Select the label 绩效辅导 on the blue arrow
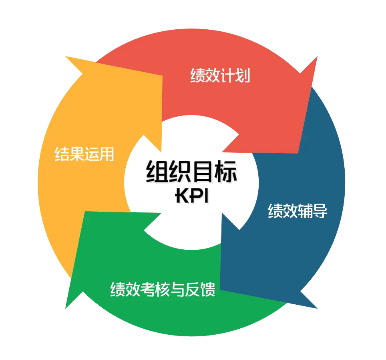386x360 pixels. [298, 211]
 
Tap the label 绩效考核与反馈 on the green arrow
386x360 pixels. [163, 289]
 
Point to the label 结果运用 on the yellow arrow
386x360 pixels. [84, 154]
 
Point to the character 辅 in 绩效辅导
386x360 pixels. [305, 211]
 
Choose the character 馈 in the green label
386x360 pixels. [208, 289]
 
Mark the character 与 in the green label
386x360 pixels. [178, 289]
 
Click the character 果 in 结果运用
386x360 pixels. [76, 154]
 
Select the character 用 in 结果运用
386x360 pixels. [107, 154]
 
